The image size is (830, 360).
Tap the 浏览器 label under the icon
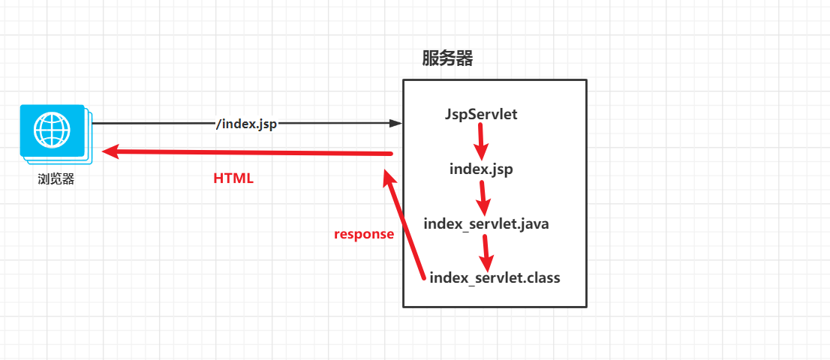tap(56, 179)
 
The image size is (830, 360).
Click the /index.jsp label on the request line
tap(246, 124)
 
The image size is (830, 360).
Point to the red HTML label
tap(233, 178)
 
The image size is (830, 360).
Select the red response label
tap(364, 234)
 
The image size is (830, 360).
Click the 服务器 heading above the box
tap(448, 58)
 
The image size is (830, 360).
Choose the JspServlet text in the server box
tap(481, 115)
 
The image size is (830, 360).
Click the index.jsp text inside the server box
tap(481, 169)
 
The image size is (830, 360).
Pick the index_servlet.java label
tap(486, 223)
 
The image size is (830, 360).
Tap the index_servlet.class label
tap(495, 277)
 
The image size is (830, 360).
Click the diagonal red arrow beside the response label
tap(405, 225)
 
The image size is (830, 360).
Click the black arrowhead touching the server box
tap(396, 124)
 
